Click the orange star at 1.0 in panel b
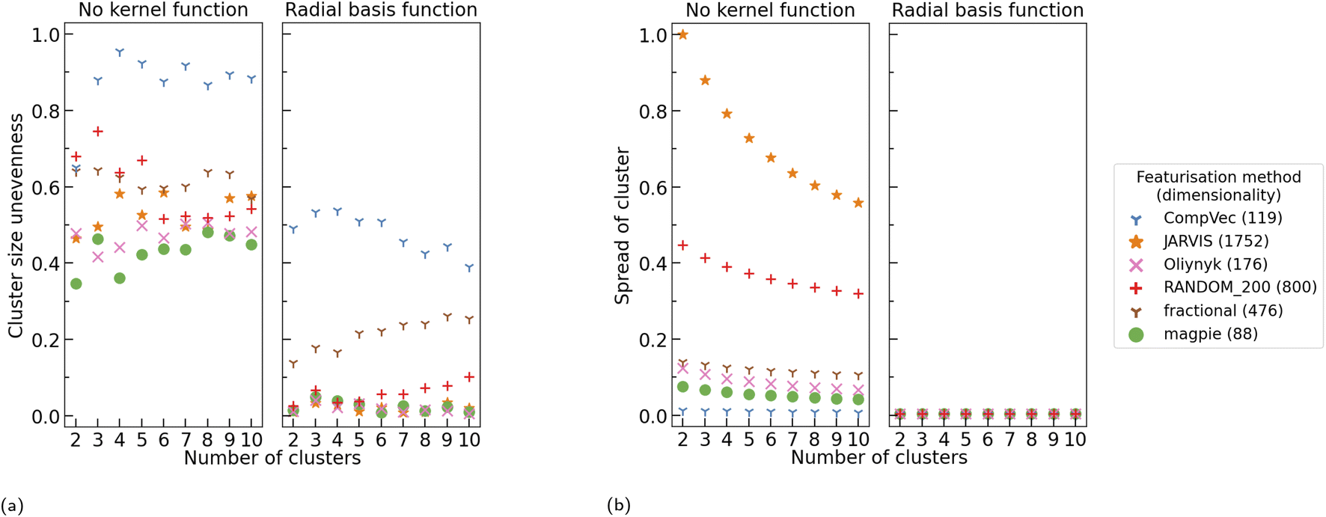[x=682, y=34]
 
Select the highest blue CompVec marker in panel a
[x=120, y=52]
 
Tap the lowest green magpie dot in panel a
[x=76, y=284]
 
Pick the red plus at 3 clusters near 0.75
[x=97, y=132]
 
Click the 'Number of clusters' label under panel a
[x=272, y=458]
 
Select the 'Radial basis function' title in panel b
[x=988, y=10]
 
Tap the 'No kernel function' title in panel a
[x=163, y=10]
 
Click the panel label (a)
[x=12, y=506]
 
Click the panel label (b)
[x=619, y=506]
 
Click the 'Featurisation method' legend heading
[x=1218, y=177]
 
